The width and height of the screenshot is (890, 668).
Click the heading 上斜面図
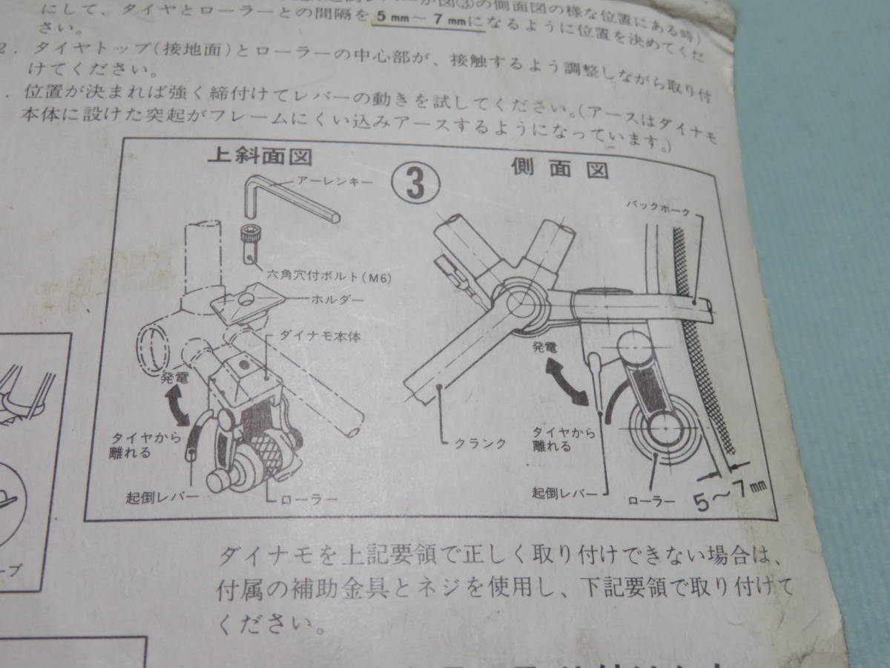[x=259, y=157]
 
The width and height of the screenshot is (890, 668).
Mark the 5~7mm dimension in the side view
[x=726, y=496]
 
